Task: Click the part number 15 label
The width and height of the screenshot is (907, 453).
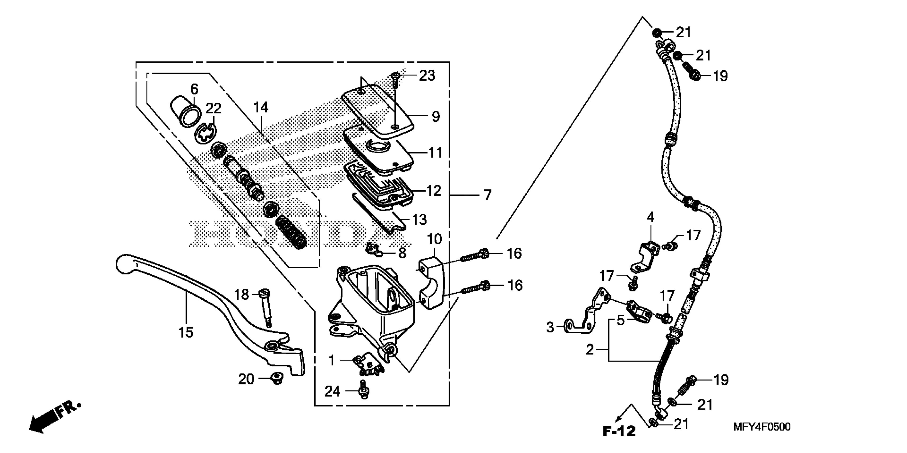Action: (x=186, y=332)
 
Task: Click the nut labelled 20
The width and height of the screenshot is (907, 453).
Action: (x=277, y=379)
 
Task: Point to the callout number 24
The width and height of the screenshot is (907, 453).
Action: (x=332, y=391)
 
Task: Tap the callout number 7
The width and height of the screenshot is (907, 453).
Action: (x=487, y=195)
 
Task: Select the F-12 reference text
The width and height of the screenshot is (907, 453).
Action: (x=619, y=431)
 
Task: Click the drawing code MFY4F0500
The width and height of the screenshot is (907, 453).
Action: (x=761, y=427)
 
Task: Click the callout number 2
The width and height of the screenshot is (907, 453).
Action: (x=590, y=350)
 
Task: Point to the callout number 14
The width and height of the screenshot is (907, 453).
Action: (x=261, y=107)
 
